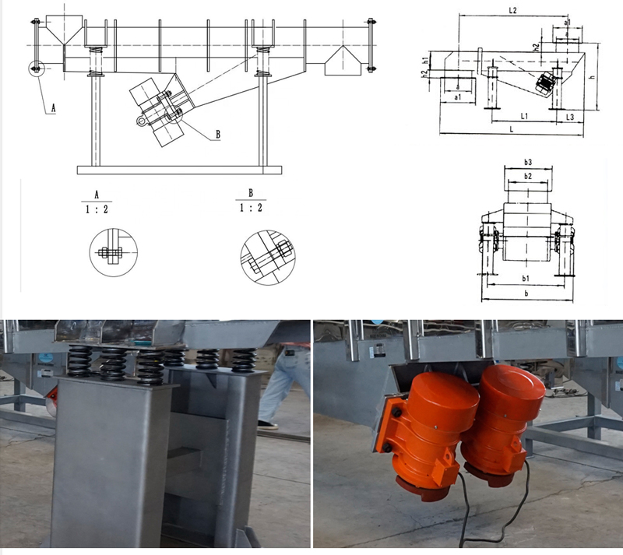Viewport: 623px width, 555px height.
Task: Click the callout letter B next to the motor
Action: [x=218, y=134]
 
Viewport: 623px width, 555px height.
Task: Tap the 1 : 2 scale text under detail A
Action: [x=97, y=208]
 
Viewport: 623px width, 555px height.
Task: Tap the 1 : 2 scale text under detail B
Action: [x=251, y=208]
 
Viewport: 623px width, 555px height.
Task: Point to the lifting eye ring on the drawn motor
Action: [x=141, y=121]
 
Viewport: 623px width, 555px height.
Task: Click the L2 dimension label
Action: [x=512, y=10]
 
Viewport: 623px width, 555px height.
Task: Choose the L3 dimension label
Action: [x=570, y=116]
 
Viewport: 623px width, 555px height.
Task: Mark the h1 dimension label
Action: [x=425, y=59]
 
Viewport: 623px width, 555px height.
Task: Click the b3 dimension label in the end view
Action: [x=527, y=162]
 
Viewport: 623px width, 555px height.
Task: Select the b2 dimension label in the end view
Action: [x=527, y=177]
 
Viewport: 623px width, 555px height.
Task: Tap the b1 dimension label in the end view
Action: [x=526, y=277]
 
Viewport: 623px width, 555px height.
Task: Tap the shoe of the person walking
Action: [x=267, y=425]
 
